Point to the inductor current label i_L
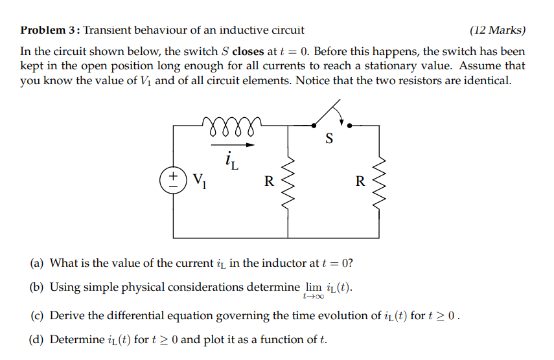coord(231,159)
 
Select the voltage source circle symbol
coord(174,180)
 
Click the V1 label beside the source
coord(200,181)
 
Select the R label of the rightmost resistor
coord(360,181)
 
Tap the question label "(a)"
coord(38,263)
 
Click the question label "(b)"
coord(38,287)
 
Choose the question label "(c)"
coord(38,316)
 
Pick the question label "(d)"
coord(38,339)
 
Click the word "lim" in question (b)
coord(311,287)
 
